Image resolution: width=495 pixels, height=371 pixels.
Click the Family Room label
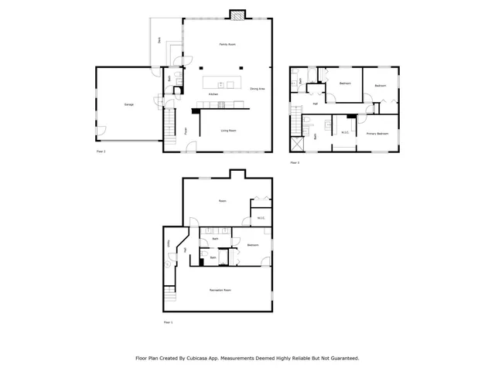[227, 46]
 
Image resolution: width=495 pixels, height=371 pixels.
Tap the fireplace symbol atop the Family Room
[237, 14]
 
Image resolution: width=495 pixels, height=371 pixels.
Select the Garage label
[128, 104]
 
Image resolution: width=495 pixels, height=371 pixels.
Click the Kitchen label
[213, 94]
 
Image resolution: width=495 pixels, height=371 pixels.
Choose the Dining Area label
[258, 89]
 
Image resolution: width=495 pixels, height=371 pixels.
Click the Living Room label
[228, 131]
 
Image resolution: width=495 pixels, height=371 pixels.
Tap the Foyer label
[186, 131]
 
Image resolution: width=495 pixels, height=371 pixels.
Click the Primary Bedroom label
[377, 134]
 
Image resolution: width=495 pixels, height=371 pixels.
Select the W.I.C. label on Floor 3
[345, 131]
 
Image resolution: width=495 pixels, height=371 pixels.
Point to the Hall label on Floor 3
[316, 104]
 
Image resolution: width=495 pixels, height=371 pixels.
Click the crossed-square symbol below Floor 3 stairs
[296, 144]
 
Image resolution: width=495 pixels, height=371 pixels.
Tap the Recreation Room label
[220, 290]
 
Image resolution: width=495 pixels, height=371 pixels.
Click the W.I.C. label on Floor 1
[261, 219]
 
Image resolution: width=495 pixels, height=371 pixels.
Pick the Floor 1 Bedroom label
[253, 245]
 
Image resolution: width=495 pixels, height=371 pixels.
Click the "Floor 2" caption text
[101, 152]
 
